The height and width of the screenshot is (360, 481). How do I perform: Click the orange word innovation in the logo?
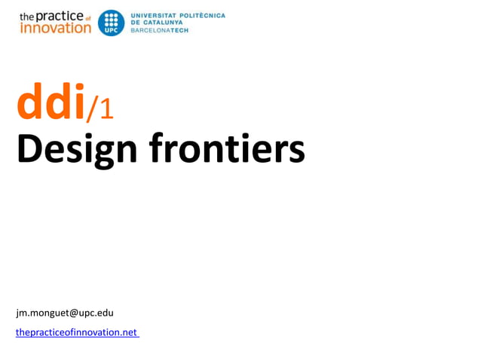pos(54,28)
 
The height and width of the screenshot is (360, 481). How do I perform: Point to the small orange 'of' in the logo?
pos(87,17)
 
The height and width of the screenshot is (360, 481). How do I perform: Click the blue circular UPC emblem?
pos(111,23)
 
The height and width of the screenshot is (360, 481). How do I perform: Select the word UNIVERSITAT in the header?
pos(154,15)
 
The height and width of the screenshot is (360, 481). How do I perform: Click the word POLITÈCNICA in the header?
pos(202,15)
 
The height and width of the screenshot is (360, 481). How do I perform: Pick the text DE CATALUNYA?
pos(160,23)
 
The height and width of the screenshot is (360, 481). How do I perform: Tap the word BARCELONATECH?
pos(160,30)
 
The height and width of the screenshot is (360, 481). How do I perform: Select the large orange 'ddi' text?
pos(50,104)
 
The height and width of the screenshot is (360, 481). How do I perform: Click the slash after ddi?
pos(91,109)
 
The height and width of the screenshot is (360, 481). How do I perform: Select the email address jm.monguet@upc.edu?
pos(65,312)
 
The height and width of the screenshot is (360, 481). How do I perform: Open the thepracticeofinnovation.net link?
pos(77,332)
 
